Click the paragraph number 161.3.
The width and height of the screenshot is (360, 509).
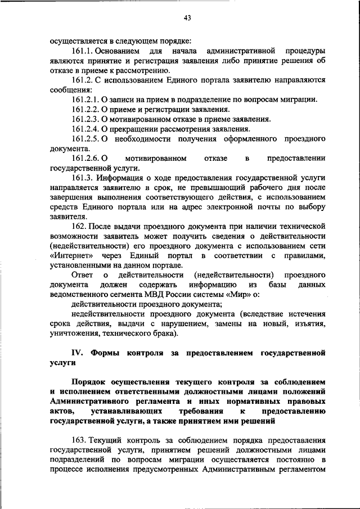tap(84, 179)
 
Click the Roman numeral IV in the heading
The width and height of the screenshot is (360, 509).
tap(77, 353)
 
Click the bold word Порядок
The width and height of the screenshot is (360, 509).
tap(91, 383)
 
